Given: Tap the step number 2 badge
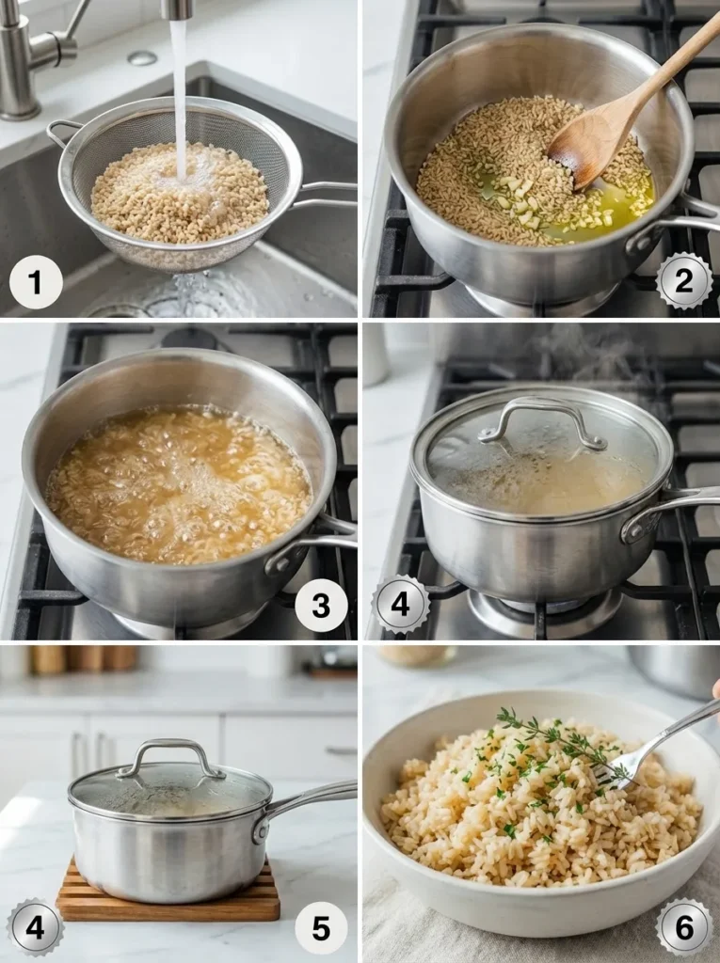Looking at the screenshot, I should tap(684, 281).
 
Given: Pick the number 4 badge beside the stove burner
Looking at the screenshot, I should tap(400, 604).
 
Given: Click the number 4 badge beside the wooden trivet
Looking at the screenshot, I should tap(35, 927).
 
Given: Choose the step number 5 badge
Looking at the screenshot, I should tap(321, 928).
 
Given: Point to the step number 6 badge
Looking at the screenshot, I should tap(684, 927).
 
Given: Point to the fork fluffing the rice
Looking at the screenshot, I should tap(659, 743).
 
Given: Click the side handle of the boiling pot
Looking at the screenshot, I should tap(311, 550).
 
